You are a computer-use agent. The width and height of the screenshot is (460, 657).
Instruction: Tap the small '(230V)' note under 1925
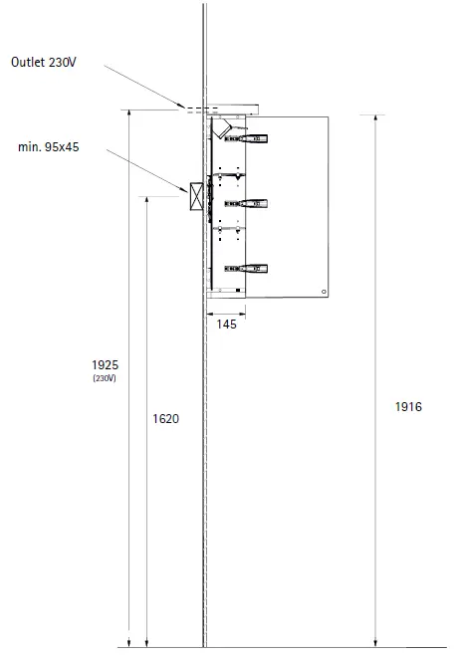[104, 378]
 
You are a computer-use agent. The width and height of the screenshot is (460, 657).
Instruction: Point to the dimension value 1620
[165, 419]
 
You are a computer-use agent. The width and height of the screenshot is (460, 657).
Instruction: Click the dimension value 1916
[408, 407]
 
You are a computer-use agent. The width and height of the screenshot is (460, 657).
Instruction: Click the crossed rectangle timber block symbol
[197, 196]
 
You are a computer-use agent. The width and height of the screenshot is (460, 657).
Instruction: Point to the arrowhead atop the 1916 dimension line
[375, 118]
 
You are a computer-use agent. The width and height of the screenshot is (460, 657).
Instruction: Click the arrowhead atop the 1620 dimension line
[147, 199]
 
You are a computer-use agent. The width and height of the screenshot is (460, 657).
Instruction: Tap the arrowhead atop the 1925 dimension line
[129, 113]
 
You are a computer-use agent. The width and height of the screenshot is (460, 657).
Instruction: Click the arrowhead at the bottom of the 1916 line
[375, 643]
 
